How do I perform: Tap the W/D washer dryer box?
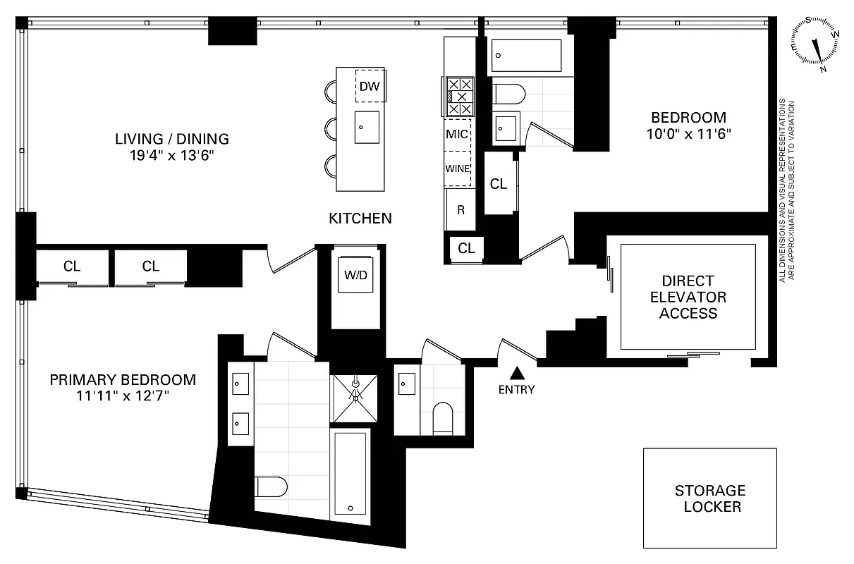pyautogui.click(x=355, y=276)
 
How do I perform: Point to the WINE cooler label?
pyautogui.click(x=457, y=168)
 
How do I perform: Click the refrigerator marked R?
pyautogui.click(x=460, y=209)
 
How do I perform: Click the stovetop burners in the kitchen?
pyautogui.click(x=460, y=97)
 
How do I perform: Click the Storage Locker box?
pyautogui.click(x=709, y=498)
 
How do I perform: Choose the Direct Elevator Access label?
pyautogui.click(x=688, y=297)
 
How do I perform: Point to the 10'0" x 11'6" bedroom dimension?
pyautogui.click(x=688, y=133)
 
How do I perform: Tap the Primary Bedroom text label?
pyautogui.click(x=123, y=380)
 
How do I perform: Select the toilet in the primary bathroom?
pyautogui.click(x=272, y=486)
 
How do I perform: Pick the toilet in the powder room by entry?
pyautogui.click(x=443, y=417)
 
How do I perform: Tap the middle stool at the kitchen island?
pyautogui.click(x=330, y=128)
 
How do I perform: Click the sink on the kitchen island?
pyautogui.click(x=366, y=127)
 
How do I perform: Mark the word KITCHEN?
pyautogui.click(x=360, y=219)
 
